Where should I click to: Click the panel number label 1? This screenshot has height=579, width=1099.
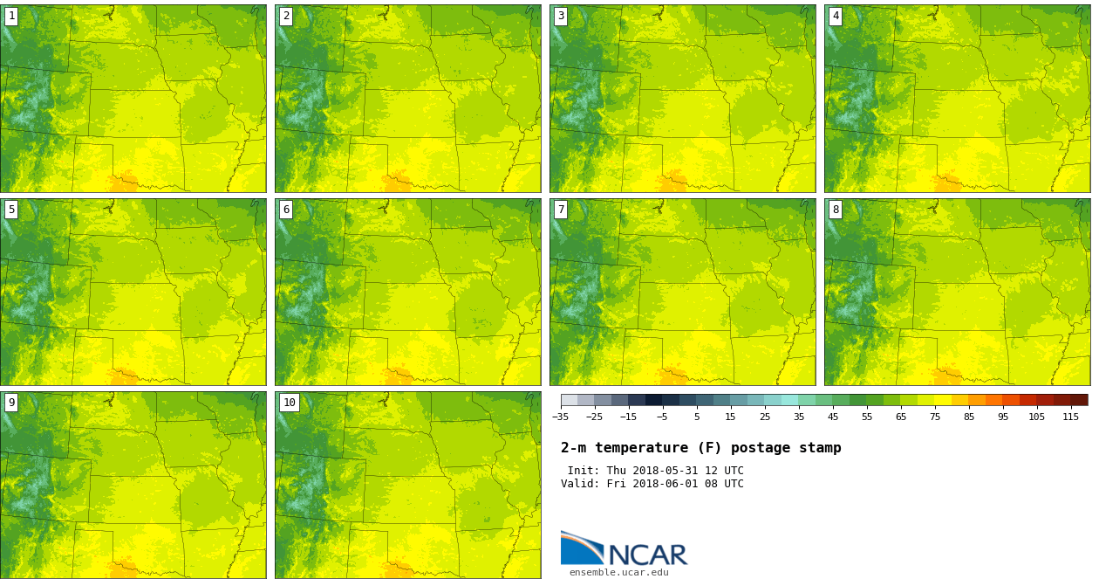(x=11, y=16)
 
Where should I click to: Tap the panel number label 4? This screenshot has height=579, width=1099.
(x=836, y=16)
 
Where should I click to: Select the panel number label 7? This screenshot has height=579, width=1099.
(x=561, y=210)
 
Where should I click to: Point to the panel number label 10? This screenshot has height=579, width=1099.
(x=289, y=403)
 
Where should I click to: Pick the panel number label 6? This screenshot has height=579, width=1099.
(x=286, y=210)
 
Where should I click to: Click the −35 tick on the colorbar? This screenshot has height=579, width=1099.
(x=561, y=417)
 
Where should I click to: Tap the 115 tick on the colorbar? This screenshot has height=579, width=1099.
(x=1070, y=417)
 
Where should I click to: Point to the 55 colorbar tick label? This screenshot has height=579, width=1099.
(x=867, y=417)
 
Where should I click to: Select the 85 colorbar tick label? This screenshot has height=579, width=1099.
(x=969, y=417)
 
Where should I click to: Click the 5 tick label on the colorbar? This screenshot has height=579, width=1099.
(x=697, y=417)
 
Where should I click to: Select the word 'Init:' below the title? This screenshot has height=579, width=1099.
(x=583, y=471)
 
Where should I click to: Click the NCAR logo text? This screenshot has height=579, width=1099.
(x=647, y=555)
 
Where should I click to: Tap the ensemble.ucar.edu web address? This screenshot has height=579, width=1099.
(x=618, y=573)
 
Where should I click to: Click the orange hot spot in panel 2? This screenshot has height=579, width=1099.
(x=399, y=183)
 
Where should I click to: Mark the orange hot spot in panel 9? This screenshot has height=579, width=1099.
(x=123, y=569)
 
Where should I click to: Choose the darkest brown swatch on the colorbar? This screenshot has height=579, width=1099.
(x=1079, y=400)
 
